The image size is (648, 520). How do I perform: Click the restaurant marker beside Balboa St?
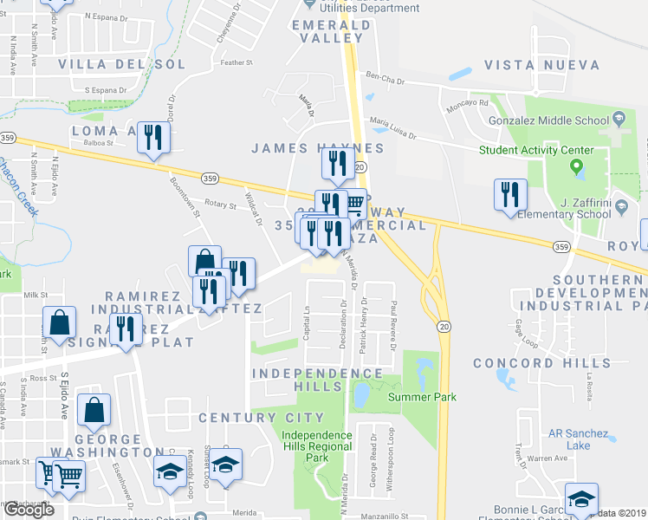154,138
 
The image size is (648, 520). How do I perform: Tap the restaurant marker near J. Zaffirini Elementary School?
510,194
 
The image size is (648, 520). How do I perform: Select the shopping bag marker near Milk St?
57,323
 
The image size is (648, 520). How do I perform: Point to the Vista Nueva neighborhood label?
542,65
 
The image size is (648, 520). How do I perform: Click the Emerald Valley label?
327,31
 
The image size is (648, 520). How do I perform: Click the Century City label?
249,418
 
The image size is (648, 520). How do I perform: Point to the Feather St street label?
237,62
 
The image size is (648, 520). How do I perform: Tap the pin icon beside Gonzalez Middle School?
619,118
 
